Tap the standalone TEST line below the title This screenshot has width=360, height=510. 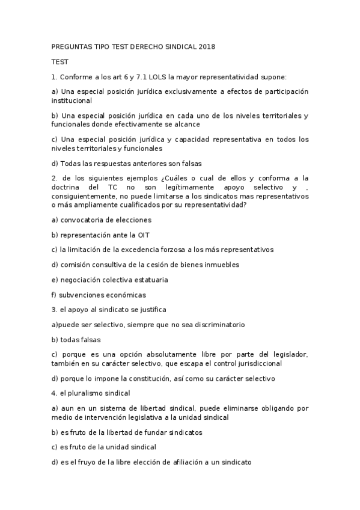(x=60, y=61)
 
